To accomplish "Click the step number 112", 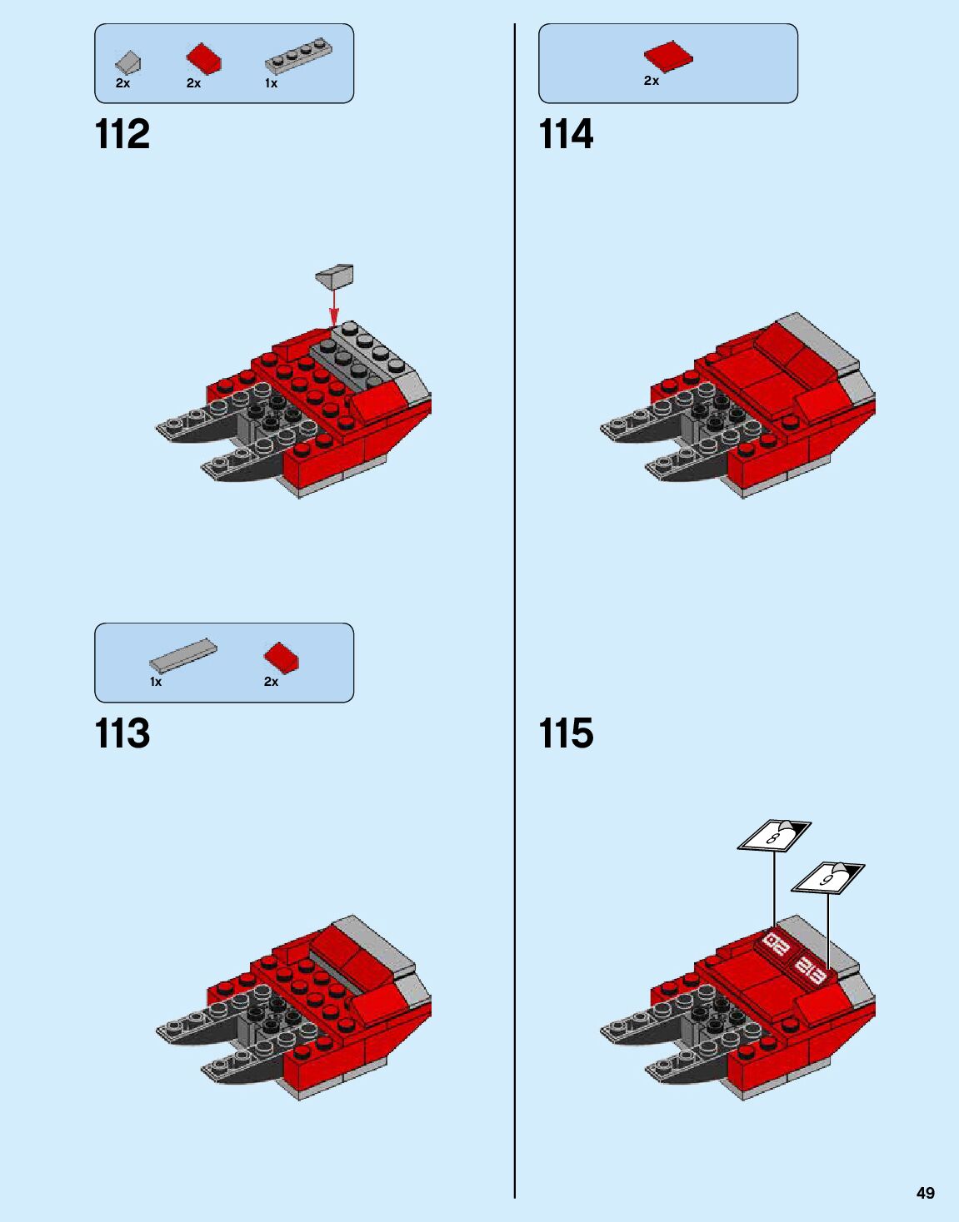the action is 122,134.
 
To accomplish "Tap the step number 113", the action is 122,733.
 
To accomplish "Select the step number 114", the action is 566,134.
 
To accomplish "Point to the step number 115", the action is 566,733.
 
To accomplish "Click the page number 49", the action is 925,1193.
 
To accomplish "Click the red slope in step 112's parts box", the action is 203,59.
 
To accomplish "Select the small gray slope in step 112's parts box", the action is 128,62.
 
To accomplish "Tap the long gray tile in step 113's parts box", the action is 183,656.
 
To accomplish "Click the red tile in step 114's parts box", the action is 667,57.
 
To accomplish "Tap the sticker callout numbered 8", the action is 774,835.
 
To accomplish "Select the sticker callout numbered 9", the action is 827,877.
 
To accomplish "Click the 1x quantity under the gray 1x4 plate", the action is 271,83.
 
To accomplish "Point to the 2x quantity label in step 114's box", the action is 652,81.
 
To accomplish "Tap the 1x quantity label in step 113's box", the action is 156,682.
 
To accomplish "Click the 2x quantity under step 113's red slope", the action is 271,682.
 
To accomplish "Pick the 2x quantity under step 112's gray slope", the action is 122,83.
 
